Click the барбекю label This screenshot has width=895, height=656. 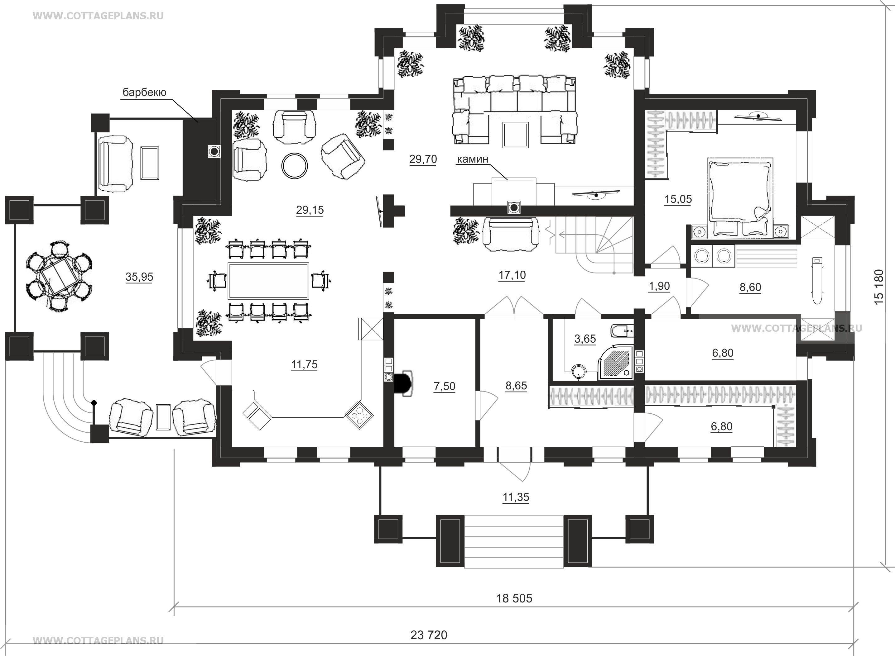click(144, 93)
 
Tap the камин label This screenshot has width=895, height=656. click(473, 159)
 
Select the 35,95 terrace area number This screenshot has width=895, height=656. click(139, 277)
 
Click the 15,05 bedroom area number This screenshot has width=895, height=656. click(678, 199)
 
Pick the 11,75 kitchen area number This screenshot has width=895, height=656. click(305, 364)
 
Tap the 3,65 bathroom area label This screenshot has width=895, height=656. click(585, 339)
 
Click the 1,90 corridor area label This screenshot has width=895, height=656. click(659, 286)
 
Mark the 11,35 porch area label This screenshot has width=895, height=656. click(516, 497)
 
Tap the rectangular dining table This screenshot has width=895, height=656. click(268, 280)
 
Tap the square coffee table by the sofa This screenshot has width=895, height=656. click(516, 135)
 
